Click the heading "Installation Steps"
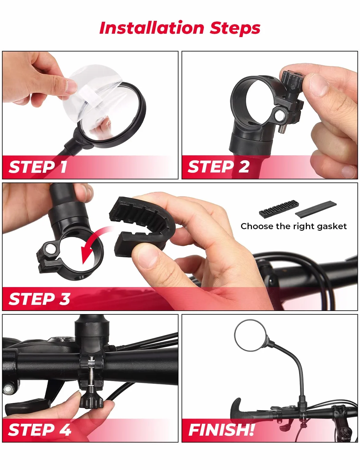click(180, 28)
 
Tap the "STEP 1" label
click(38, 167)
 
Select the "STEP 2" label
click(219, 167)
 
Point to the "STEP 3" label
click(39, 299)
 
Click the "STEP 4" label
click(39, 430)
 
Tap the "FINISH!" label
click(221, 430)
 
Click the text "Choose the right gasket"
click(294, 226)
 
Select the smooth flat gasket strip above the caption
click(316, 209)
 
